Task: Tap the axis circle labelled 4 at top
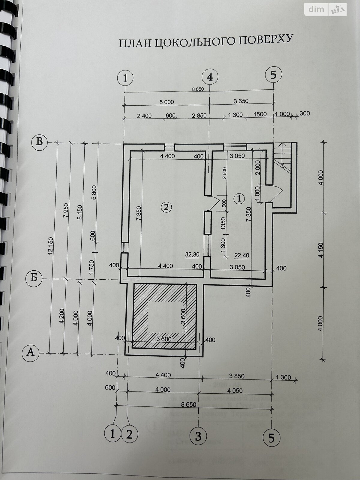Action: pyautogui.click(x=210, y=77)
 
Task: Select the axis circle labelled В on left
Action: pyautogui.click(x=40, y=141)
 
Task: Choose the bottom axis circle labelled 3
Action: pyautogui.click(x=198, y=436)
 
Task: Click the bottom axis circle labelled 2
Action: pyautogui.click(x=129, y=434)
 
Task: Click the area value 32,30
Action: pyautogui.click(x=192, y=255)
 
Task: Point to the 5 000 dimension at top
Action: pyautogui.click(x=166, y=102)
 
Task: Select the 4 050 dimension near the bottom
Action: pyautogui.click(x=235, y=391)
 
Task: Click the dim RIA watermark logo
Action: pyautogui.click(x=326, y=10)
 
